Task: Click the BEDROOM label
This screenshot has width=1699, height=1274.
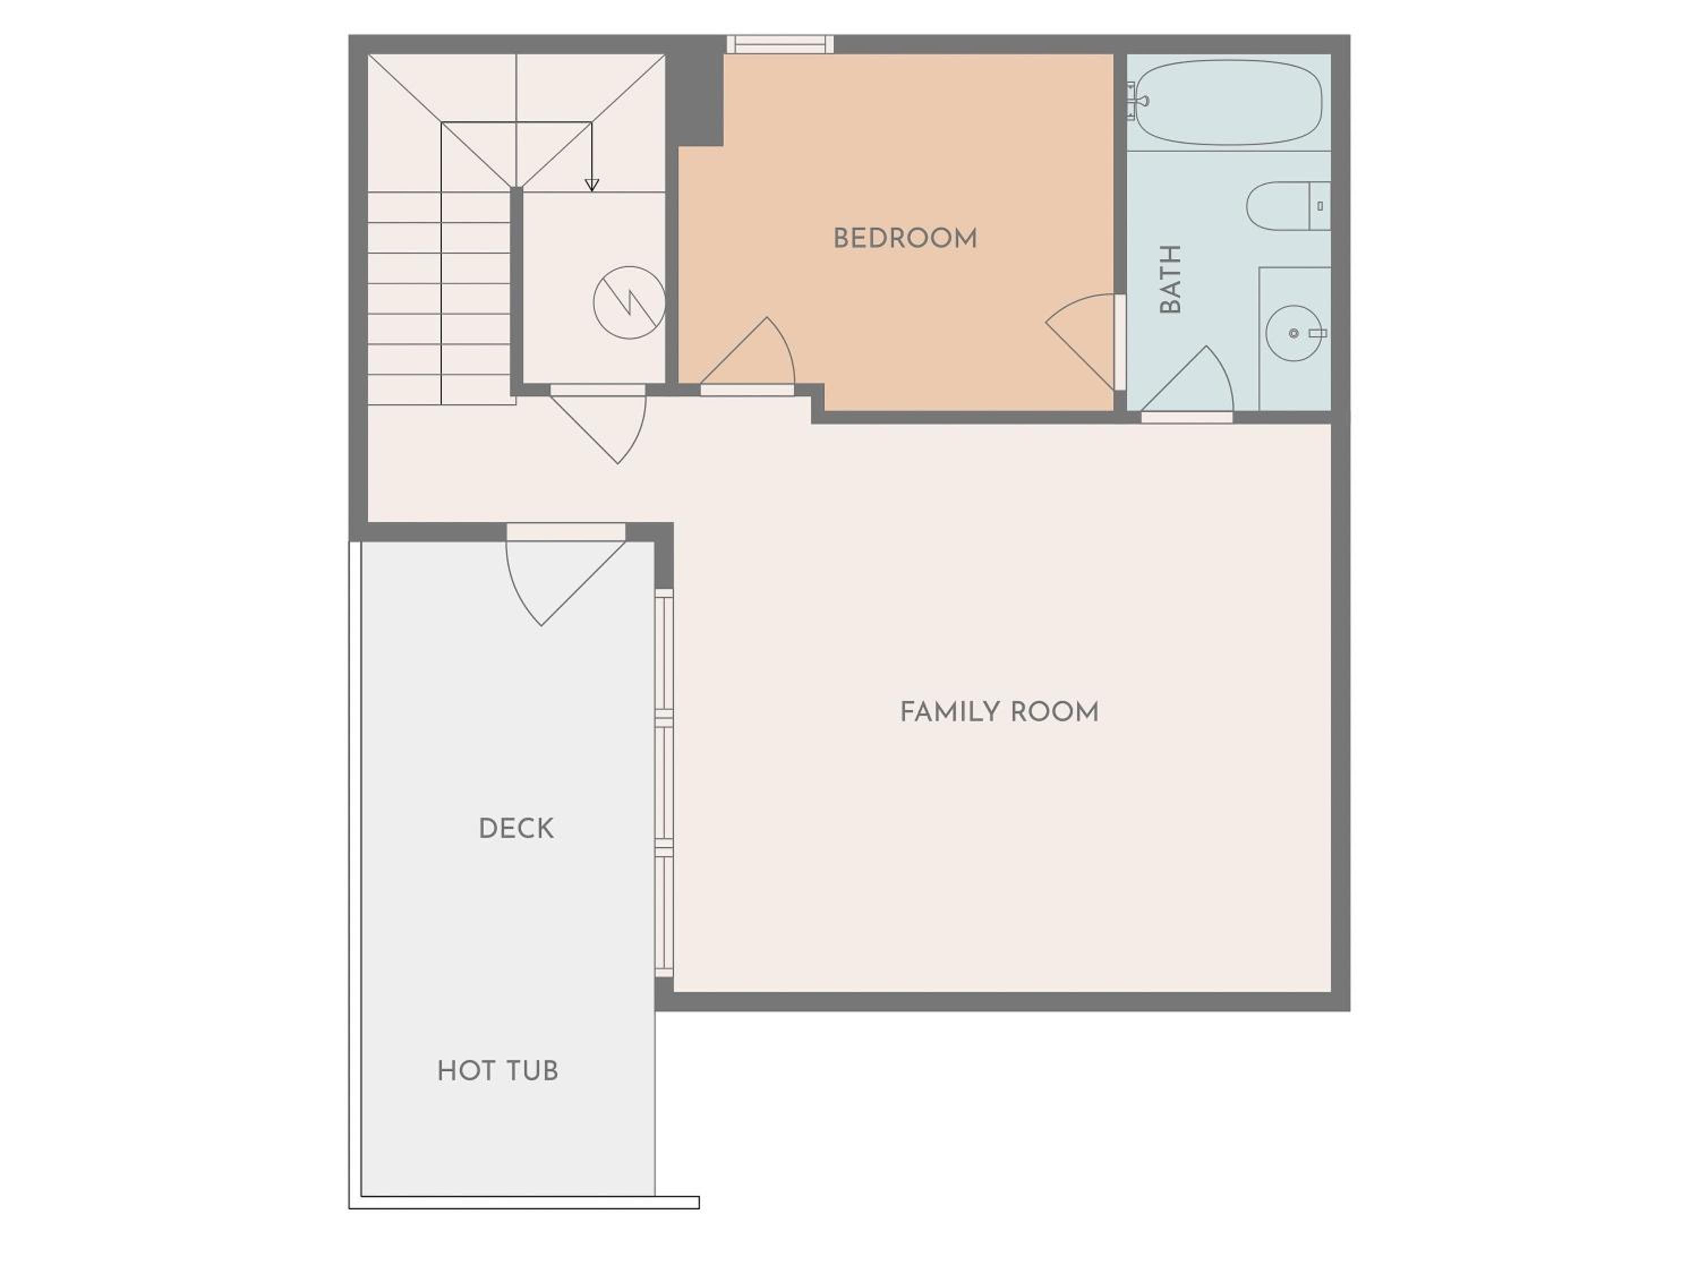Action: point(905,239)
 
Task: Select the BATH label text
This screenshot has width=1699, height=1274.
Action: point(1170,280)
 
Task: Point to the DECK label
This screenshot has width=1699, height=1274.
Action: point(515,828)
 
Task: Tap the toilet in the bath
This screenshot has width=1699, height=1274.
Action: point(1288,206)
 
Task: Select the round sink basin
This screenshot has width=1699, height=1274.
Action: point(1294,334)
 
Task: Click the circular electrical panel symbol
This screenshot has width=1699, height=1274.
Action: point(629,302)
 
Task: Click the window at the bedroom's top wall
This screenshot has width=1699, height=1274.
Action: point(780,44)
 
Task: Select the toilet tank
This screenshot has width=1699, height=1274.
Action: point(1320,206)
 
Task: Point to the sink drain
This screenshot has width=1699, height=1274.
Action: point(1294,334)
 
